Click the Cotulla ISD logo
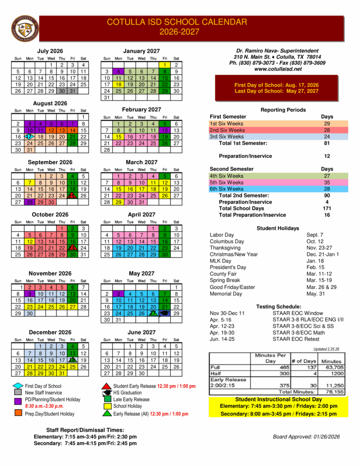23,29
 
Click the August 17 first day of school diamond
29,137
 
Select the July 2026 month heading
50,51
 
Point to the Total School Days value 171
327,208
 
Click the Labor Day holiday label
222,235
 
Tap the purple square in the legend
18,401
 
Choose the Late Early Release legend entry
131,400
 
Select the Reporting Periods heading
283,110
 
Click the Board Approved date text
306,437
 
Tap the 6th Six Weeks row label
226,189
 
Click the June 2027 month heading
142,333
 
